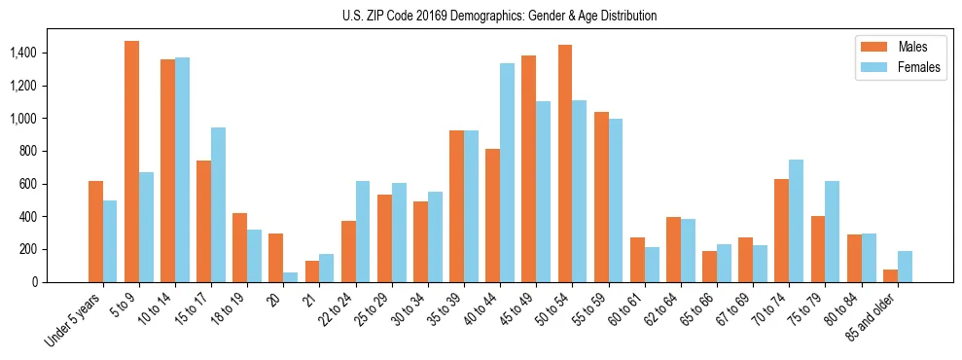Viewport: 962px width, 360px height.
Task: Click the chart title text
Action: point(499,16)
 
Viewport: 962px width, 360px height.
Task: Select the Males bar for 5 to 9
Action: point(131,162)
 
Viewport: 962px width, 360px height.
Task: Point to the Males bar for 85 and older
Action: point(890,275)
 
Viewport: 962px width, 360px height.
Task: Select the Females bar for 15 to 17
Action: point(218,204)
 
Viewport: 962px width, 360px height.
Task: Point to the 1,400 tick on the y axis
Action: point(23,53)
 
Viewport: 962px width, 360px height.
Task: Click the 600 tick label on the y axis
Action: point(28,184)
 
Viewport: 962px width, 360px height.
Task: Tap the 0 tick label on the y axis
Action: point(35,282)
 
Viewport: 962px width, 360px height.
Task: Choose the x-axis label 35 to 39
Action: point(447,309)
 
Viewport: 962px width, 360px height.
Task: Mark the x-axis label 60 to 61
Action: point(627,309)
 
